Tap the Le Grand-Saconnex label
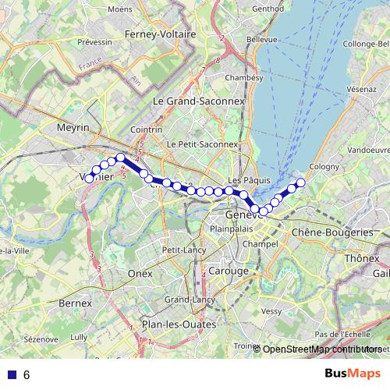tap(199, 101)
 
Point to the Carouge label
tap(229, 271)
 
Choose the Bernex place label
tap(74, 302)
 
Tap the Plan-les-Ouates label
tap(173, 324)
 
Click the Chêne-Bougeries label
tap(332, 232)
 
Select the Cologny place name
tap(324, 165)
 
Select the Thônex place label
tap(361, 257)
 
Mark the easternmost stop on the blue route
tap(300, 183)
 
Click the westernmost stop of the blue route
tap(90, 179)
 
